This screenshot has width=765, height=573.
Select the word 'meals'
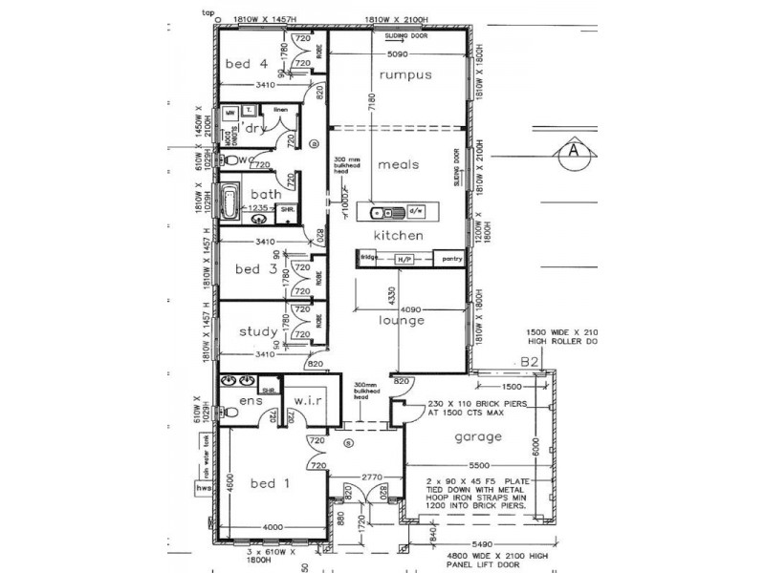(x=399, y=164)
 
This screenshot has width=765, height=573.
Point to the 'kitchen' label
(x=400, y=235)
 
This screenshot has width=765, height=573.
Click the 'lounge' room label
(x=401, y=321)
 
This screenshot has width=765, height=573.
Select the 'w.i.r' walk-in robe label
(x=312, y=400)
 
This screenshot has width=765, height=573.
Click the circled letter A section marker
(x=573, y=151)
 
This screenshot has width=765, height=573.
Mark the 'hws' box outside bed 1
(x=203, y=488)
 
